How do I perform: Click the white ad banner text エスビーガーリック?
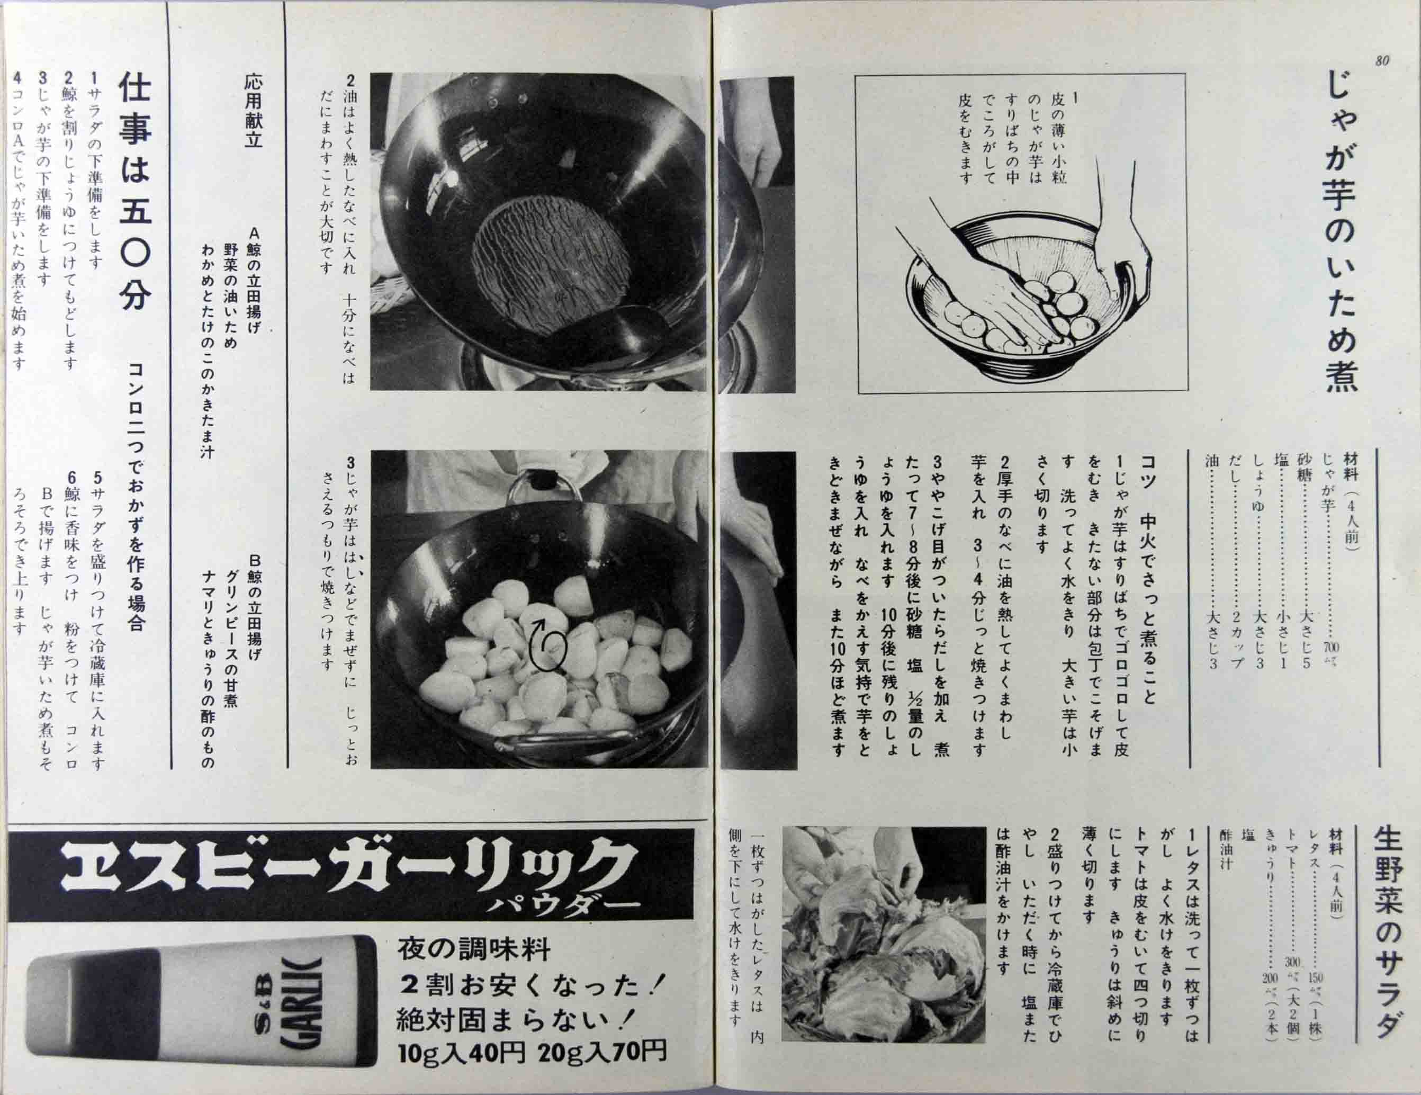[x=345, y=867]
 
